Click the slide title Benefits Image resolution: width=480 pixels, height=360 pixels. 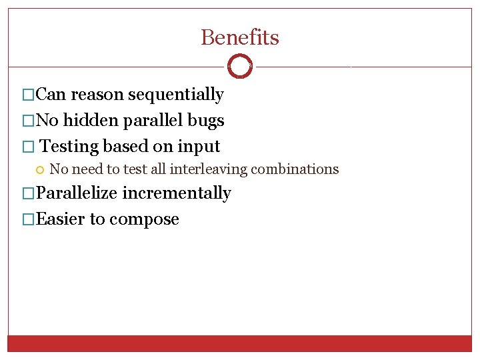[x=240, y=37]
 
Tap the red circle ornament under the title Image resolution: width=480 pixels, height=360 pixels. [x=240, y=67]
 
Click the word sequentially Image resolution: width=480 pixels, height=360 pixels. [x=175, y=95]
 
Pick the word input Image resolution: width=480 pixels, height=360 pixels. [x=199, y=146]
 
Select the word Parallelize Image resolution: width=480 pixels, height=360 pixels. [x=77, y=193]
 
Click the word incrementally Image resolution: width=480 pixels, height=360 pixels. [x=177, y=193]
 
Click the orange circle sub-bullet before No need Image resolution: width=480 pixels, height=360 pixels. [x=41, y=169]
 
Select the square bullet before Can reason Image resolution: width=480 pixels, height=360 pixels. [x=28, y=95]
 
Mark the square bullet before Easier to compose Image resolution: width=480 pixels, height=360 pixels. [x=28, y=220]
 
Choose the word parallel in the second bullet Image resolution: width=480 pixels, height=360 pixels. [x=150, y=120]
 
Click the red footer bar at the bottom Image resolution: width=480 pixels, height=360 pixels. [x=240, y=343]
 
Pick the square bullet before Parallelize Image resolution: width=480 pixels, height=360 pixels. [x=28, y=194]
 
